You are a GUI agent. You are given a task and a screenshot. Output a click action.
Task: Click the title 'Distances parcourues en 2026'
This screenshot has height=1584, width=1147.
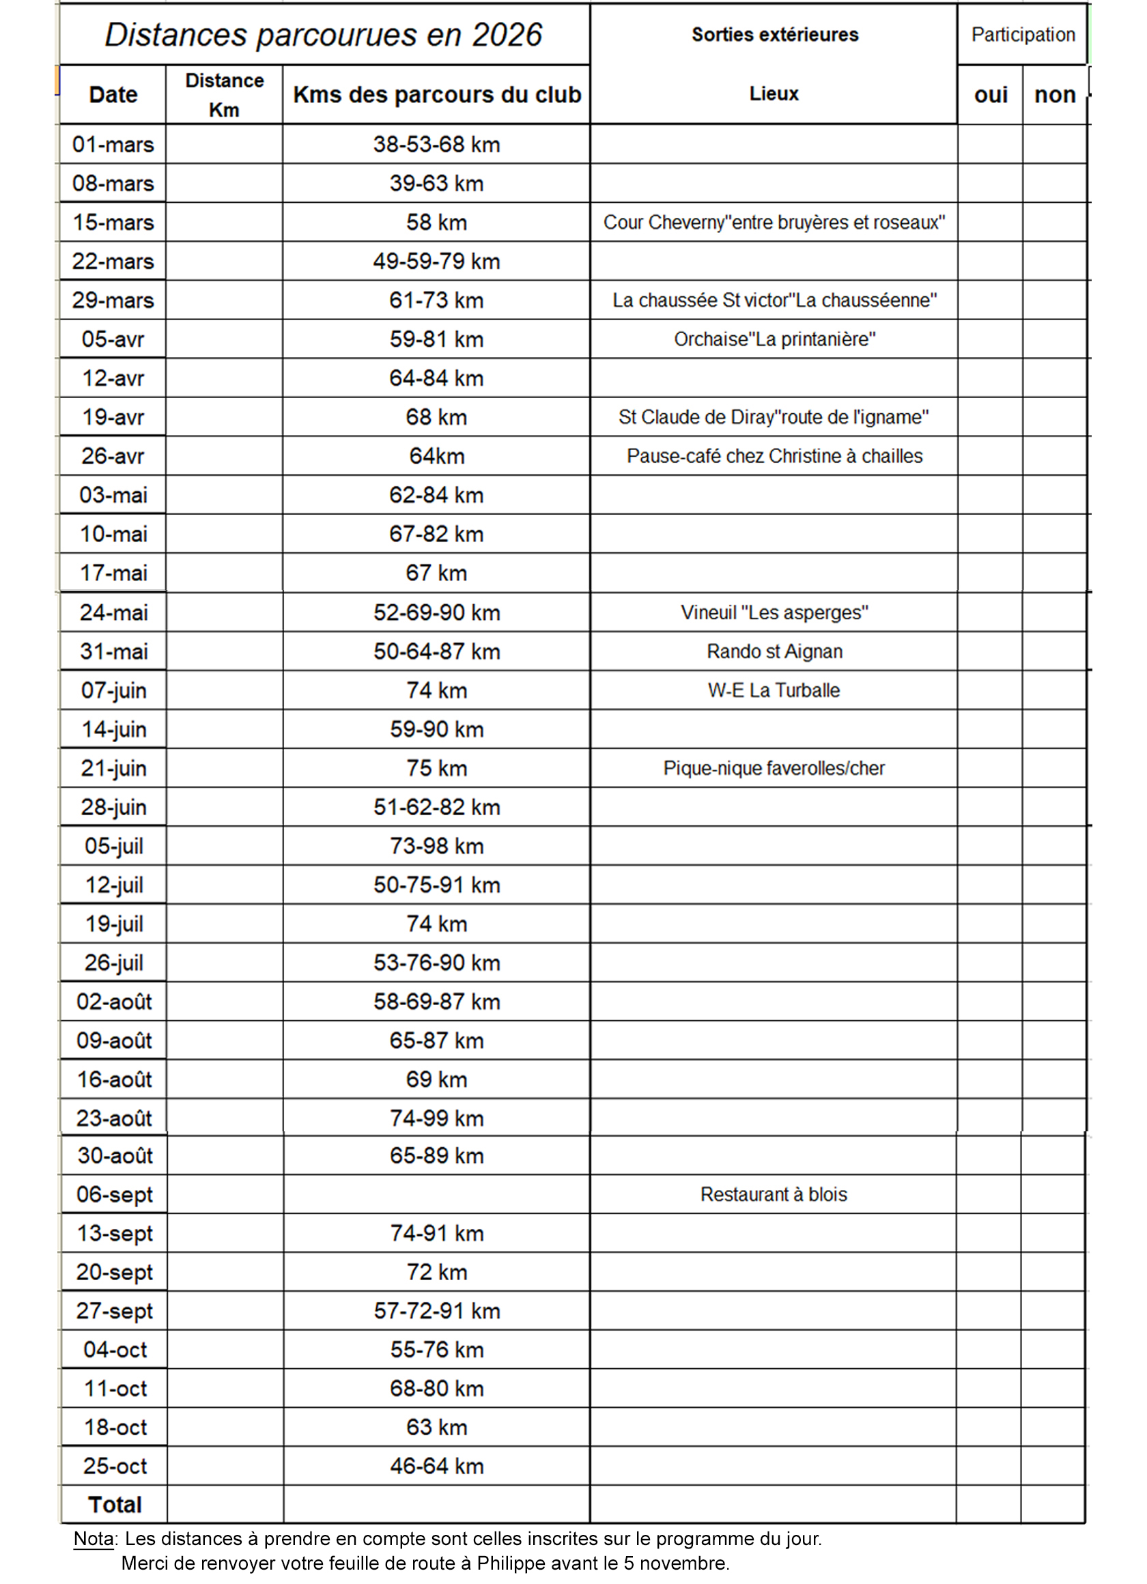click(x=323, y=35)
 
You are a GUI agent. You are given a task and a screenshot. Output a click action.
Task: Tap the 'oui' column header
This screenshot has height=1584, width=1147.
click(x=991, y=95)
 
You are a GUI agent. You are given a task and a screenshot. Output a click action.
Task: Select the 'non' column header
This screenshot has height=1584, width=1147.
click(x=1055, y=95)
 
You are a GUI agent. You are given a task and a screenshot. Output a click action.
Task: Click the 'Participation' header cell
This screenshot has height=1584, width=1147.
click(x=1023, y=35)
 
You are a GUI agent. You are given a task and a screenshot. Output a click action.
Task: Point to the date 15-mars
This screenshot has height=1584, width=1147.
click(x=113, y=222)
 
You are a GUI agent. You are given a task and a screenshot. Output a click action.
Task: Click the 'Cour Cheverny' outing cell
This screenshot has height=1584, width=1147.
click(x=774, y=222)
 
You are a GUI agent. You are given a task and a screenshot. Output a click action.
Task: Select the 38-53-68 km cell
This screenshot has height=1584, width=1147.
click(x=436, y=145)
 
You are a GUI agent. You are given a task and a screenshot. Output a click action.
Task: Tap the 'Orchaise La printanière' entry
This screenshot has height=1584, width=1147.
click(x=774, y=339)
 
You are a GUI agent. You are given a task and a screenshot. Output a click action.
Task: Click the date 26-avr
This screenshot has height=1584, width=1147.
click(x=113, y=456)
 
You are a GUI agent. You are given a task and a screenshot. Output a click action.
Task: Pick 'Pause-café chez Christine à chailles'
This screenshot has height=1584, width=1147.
click(x=774, y=456)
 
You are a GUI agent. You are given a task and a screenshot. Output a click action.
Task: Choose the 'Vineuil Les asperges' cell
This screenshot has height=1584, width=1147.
click(x=774, y=612)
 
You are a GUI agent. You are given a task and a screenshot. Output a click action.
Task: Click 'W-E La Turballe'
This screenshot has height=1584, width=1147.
click(x=774, y=691)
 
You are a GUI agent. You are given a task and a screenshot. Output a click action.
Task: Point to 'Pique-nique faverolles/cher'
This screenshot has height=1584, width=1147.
click(x=774, y=768)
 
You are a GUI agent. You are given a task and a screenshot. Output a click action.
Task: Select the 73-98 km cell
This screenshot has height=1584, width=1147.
click(x=436, y=847)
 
